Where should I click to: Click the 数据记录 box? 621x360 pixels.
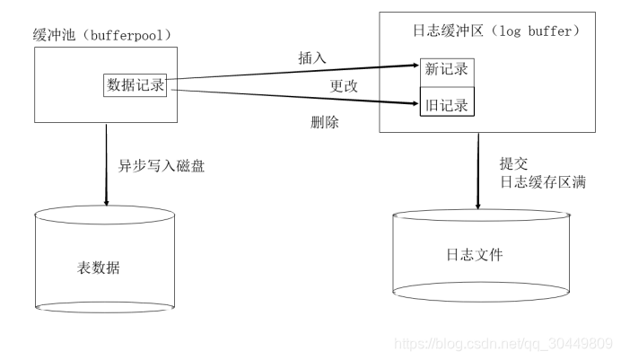point(136,84)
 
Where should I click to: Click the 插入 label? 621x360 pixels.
point(312,57)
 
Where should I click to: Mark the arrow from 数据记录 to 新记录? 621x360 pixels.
point(296,72)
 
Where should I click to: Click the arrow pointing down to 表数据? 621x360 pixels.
point(107,162)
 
